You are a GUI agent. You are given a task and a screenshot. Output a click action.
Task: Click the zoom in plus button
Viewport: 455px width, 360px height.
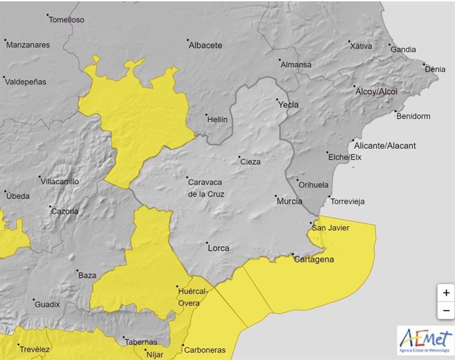coord(446,293)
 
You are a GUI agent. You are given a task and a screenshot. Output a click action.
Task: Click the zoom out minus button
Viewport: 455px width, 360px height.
coord(446,310)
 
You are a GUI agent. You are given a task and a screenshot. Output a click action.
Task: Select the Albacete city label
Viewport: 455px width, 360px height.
coord(205,45)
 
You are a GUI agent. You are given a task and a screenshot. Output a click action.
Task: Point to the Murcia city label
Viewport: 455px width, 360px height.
coord(289,201)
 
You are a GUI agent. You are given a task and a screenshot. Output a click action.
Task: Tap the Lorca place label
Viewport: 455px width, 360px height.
coord(218,248)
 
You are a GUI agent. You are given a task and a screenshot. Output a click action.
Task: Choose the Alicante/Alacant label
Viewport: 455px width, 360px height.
coord(386,146)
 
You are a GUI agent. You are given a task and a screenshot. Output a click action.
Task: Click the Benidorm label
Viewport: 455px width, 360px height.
coord(413,117)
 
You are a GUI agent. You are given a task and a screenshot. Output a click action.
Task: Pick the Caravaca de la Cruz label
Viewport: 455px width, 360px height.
coord(206,188)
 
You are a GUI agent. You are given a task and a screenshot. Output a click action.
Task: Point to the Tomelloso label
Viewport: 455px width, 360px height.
coord(67,20)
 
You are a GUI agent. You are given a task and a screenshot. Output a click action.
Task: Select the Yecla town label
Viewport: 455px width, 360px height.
coord(288,105)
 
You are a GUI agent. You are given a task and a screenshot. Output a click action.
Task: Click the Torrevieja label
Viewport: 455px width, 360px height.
coord(347,201)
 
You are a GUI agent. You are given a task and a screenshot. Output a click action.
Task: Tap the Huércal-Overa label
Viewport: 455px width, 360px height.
coord(193,297)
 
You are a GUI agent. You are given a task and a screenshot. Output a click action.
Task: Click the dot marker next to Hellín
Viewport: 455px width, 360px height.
coord(207,114)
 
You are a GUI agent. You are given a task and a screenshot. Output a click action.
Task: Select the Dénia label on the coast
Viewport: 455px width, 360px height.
coord(435,69)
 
